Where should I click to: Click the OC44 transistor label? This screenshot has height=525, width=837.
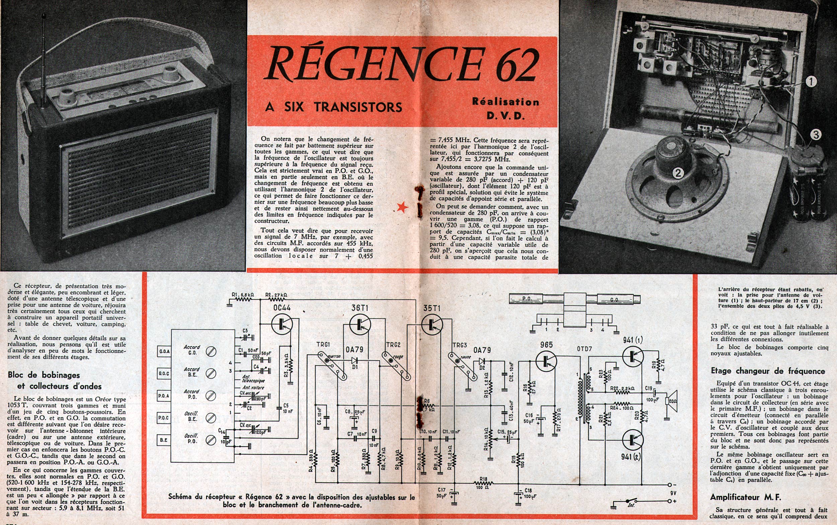coord(282,308)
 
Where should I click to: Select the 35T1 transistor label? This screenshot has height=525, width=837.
coord(432,308)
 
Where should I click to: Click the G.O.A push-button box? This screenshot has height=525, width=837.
coord(164,351)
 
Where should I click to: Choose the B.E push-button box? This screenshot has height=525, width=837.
coord(164,440)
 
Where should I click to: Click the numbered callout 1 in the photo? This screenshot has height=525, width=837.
coord(811,82)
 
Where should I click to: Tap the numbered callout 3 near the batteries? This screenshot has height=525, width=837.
coord(816,135)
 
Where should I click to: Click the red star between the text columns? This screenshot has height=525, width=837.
coord(403,207)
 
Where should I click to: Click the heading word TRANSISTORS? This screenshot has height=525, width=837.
coord(358,107)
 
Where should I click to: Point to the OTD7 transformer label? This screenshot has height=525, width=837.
coord(584,349)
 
